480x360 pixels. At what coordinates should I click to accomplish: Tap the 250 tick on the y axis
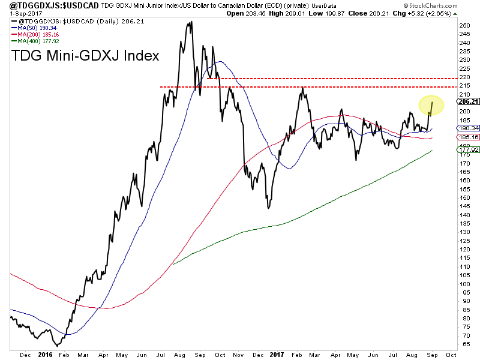coord(464,25)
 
